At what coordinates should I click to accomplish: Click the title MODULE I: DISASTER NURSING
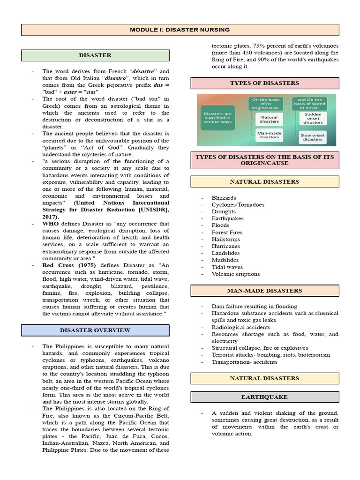180,30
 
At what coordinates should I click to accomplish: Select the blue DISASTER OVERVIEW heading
95,330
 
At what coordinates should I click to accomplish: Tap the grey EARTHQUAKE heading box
264,397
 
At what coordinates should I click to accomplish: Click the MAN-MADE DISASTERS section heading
264,291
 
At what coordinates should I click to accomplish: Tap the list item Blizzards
224,198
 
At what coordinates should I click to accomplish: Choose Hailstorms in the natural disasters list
226,239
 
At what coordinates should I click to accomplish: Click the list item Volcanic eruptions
235,274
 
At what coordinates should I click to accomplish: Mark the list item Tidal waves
227,267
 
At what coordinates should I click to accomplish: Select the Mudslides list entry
225,260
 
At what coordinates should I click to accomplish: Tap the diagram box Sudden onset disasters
313,118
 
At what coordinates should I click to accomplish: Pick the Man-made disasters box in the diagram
269,135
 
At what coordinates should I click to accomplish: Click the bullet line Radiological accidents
240,327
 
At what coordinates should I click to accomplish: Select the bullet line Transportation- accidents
244,362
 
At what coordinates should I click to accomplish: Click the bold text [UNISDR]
150,210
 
